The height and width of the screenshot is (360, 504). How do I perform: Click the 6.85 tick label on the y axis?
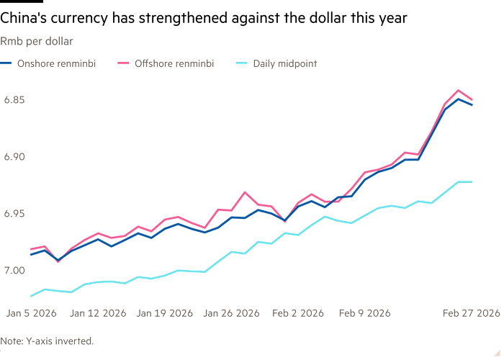click(x=14, y=99)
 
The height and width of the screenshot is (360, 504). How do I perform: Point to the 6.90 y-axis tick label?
click(x=14, y=156)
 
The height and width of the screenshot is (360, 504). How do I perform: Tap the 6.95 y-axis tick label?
click(x=14, y=213)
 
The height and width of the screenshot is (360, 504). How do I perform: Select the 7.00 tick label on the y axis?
click(x=14, y=270)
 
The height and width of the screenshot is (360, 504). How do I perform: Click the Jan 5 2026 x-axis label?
click(x=32, y=312)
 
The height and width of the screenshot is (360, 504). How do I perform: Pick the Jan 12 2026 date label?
click(x=98, y=312)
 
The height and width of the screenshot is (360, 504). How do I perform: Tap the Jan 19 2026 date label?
click(x=164, y=312)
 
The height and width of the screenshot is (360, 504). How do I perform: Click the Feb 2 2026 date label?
click(x=298, y=312)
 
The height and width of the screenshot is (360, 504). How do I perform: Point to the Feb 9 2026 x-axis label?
click(x=364, y=312)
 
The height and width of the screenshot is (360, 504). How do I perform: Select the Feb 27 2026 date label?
click(x=472, y=312)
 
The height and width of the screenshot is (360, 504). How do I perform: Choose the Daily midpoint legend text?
click(x=284, y=64)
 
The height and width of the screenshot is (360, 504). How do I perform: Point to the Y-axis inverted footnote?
click(x=47, y=340)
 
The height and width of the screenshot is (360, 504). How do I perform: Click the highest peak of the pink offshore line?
click(x=459, y=90)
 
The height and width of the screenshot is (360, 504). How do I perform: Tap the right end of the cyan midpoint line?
click(x=472, y=181)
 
